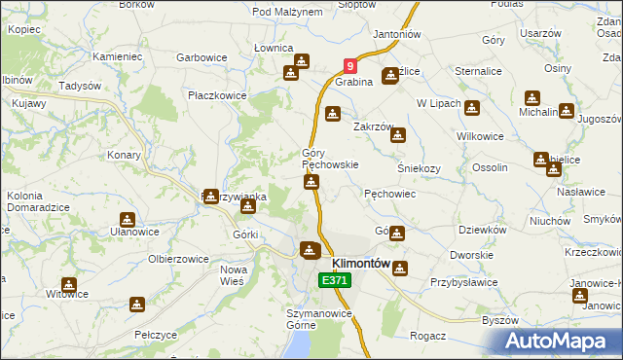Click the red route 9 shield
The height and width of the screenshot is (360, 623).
(x=350, y=67)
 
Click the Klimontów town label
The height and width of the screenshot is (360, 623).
(x=361, y=264)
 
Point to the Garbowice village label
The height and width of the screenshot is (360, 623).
(x=202, y=57)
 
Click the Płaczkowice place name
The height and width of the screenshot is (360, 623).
(x=217, y=95)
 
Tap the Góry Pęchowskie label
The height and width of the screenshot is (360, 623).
(x=330, y=159)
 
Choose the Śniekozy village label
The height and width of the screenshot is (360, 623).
(x=420, y=167)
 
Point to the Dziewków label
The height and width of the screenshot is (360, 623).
(x=482, y=230)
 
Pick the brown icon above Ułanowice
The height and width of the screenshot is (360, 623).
(x=127, y=219)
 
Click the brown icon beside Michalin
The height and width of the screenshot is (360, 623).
(x=532, y=98)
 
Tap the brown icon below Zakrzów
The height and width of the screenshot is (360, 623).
(x=397, y=136)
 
